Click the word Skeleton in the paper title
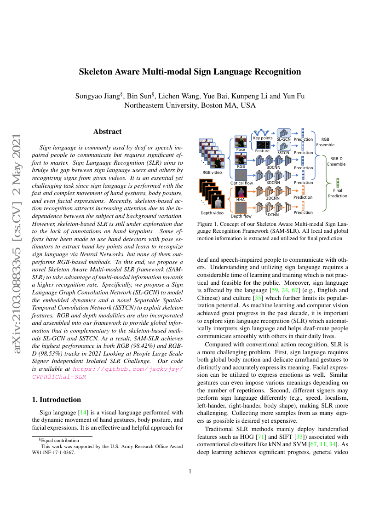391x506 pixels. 100,72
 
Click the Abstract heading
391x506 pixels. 107,132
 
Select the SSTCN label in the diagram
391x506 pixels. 283,152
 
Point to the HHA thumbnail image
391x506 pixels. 241,191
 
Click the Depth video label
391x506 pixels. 212,213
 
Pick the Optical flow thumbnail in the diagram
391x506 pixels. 241,175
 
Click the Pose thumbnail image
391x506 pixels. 241,141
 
